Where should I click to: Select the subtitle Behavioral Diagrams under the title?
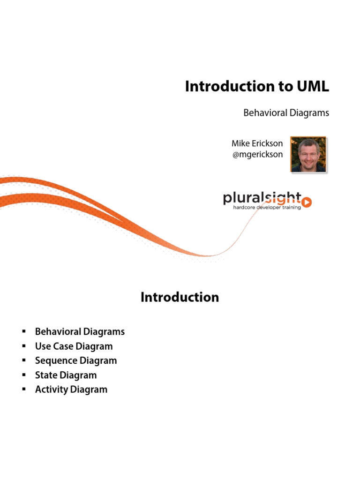pos(286,113)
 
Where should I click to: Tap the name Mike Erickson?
pos(257,143)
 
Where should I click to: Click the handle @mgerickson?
pos(257,154)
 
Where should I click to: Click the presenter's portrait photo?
pos(308,154)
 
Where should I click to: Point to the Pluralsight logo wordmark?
pos(262,198)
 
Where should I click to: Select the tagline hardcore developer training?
pos(267,207)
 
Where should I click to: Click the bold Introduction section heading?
pos(180,298)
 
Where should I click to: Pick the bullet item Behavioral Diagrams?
pos(80,332)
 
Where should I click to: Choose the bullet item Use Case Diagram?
pos(74,346)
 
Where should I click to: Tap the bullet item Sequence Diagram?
pos(76,360)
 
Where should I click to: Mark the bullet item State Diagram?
pos(66,375)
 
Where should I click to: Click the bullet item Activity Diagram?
pos(71,390)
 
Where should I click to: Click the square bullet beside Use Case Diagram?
pos(22,346)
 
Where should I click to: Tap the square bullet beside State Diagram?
pos(22,375)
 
